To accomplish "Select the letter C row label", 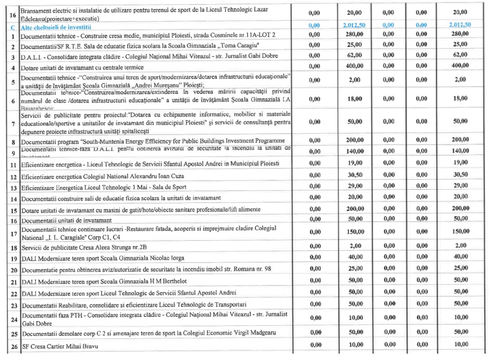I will pos(12,26).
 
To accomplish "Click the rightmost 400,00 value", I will pos(459,66).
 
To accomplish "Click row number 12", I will pos(12,177).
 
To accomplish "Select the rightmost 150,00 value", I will pos(459,232).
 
